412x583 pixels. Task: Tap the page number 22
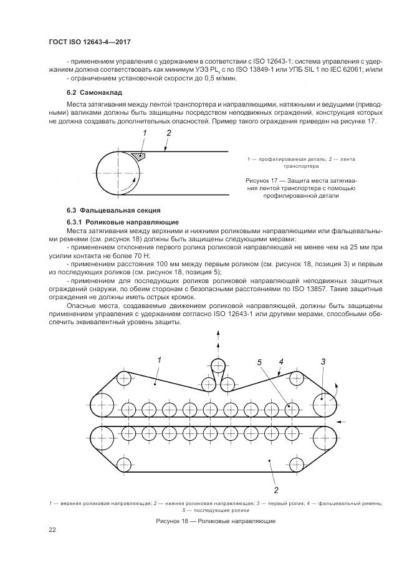53,529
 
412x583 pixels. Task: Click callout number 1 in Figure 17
144,133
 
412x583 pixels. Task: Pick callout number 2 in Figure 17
168,133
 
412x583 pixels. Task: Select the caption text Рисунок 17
262,180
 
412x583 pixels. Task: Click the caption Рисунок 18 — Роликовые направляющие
216,521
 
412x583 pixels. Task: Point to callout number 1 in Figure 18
160,360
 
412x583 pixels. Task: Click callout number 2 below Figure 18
275,489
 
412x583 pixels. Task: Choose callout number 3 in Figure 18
323,361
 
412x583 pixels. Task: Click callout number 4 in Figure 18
281,361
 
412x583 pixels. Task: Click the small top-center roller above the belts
218,366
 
